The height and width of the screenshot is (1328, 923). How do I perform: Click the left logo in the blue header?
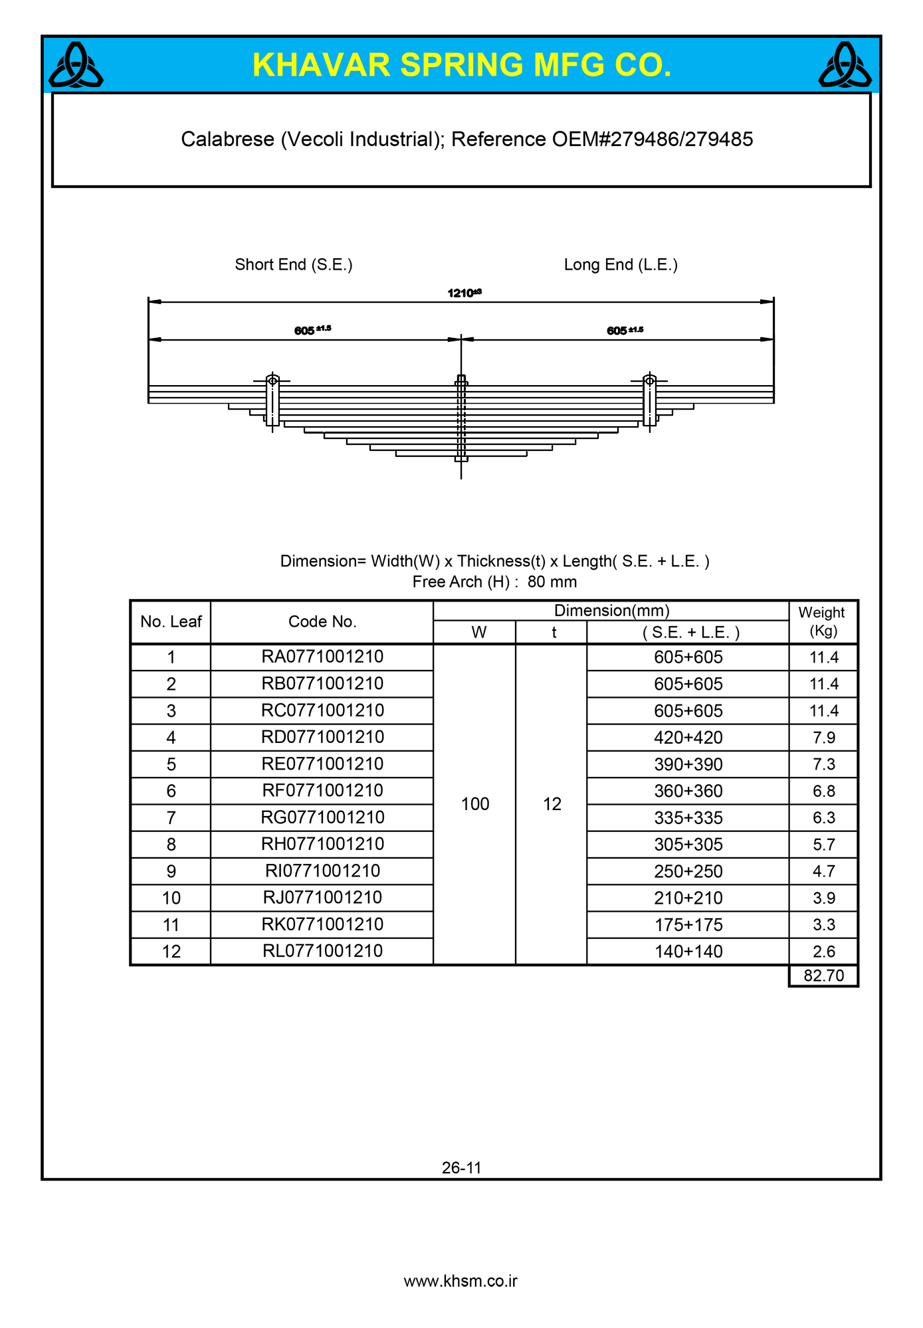click(x=76, y=65)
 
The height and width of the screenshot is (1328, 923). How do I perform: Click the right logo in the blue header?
click(x=845, y=65)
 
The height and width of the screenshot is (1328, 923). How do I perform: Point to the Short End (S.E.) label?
click(x=294, y=265)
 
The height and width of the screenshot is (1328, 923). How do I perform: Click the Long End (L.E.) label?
click(x=621, y=265)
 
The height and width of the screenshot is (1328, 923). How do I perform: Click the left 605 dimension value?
click(x=305, y=331)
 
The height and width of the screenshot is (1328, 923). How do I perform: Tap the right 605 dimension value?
click(x=617, y=331)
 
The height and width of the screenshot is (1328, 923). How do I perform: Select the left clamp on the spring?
click(x=272, y=401)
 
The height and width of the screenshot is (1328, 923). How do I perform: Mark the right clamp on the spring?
click(x=650, y=401)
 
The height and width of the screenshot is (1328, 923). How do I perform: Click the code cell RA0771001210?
click(x=322, y=657)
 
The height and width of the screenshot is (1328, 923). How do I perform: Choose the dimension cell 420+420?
click(x=688, y=738)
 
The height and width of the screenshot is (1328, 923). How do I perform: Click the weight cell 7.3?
click(x=823, y=764)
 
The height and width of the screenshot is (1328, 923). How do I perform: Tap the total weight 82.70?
click(x=823, y=975)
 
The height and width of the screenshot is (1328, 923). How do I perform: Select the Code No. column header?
click(x=322, y=622)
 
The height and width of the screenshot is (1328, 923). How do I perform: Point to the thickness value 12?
click(x=552, y=804)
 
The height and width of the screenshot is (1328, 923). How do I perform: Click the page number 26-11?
click(x=461, y=1167)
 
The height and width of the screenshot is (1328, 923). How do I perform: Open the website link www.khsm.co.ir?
click(x=461, y=1281)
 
